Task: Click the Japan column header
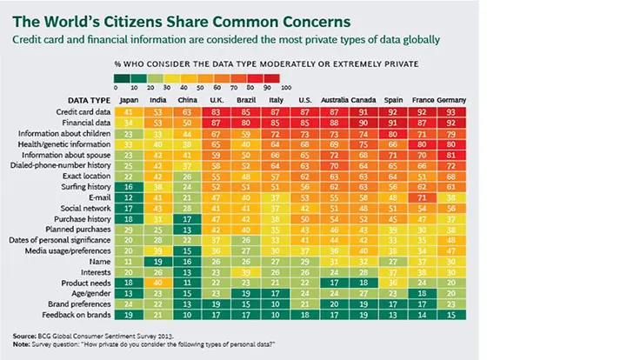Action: [x=129, y=101]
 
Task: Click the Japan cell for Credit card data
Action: [x=128, y=113]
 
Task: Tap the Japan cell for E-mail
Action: [x=128, y=198]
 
